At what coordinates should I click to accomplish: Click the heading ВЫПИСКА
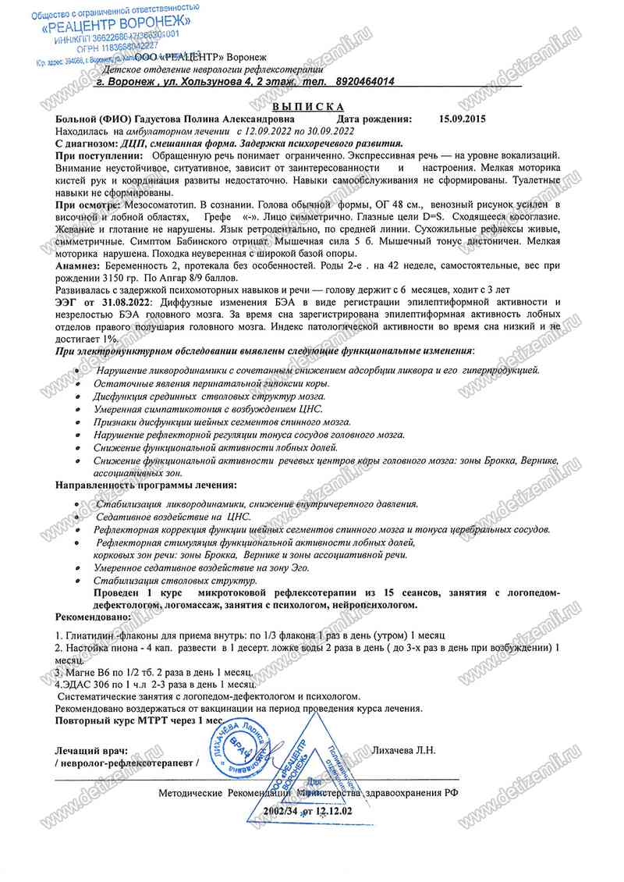tap(309, 107)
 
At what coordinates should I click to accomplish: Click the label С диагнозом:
tap(86, 144)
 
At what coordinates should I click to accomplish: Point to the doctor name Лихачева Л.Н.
tap(405, 750)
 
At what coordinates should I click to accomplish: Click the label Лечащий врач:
tap(92, 750)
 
